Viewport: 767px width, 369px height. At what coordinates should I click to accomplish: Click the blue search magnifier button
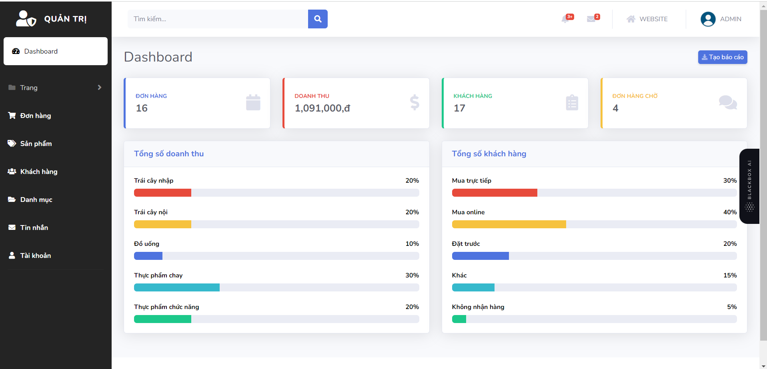pos(318,19)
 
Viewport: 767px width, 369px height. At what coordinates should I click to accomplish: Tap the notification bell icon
pos(565,19)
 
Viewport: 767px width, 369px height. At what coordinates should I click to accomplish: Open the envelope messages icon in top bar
pos(591,19)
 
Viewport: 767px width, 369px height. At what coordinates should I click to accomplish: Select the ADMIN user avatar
pos(708,19)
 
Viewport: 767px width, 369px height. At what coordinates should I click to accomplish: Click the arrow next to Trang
pos(100,88)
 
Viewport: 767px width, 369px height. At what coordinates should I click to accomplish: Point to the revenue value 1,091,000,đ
pos(322,108)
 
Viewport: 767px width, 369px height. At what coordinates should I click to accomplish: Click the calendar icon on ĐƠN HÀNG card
pos(253,102)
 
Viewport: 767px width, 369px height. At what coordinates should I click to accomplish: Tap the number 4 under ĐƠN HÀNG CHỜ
pos(615,108)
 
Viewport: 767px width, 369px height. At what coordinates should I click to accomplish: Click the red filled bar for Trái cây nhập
pos(162,193)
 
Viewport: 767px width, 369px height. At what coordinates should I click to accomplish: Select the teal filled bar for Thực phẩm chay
pos(177,287)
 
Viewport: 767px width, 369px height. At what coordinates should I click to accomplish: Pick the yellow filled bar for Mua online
pos(509,224)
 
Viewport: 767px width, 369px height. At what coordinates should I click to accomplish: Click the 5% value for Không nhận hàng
pos(732,307)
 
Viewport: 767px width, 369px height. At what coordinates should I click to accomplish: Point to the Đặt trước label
pos(466,243)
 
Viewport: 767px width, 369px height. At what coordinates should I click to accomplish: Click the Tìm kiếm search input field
pos(218,19)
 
